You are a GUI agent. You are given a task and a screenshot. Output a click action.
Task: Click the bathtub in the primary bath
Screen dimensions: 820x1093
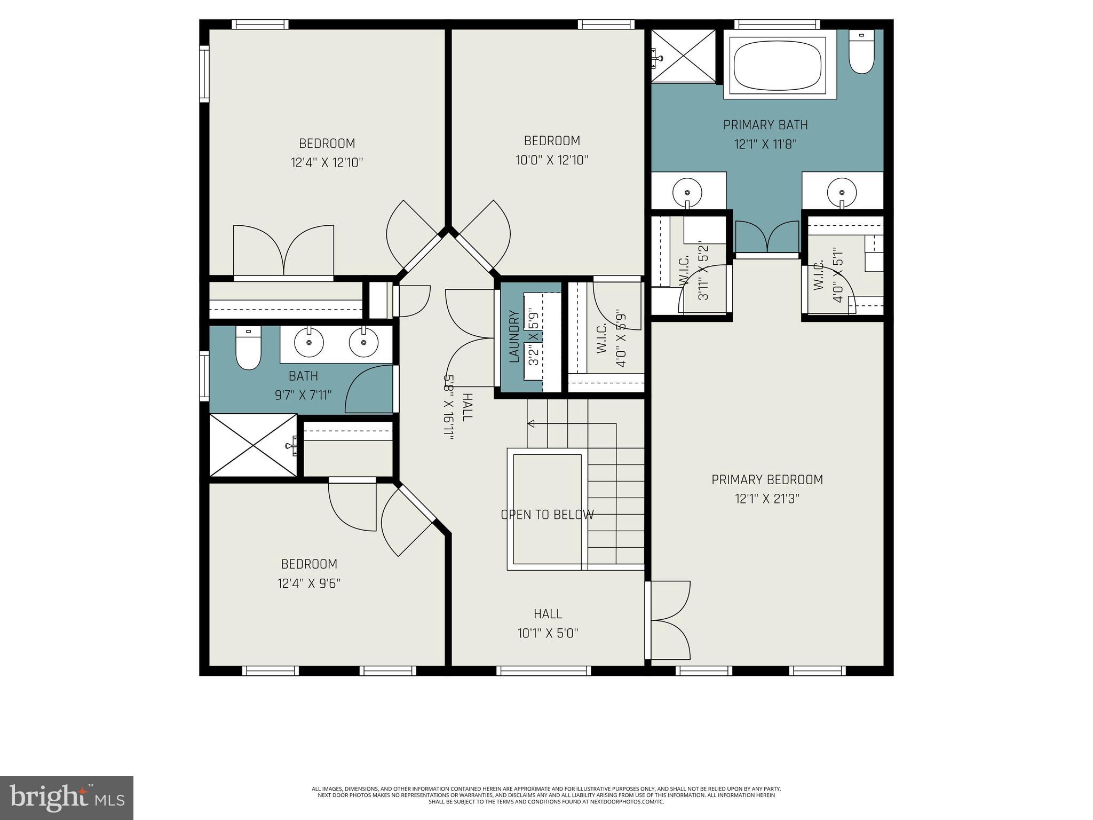click(779, 64)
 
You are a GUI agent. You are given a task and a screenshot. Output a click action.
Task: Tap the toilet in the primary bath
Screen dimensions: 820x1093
click(861, 53)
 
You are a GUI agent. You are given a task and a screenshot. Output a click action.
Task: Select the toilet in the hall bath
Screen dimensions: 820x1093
click(248, 348)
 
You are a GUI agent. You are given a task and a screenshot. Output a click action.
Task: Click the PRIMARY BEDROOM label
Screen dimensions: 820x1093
click(767, 479)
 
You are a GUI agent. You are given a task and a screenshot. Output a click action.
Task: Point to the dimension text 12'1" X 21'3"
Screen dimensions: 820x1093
click(767, 499)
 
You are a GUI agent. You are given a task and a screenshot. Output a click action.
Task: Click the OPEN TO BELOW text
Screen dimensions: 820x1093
click(547, 515)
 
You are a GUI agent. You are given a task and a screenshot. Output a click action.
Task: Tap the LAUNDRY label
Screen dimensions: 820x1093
click(514, 337)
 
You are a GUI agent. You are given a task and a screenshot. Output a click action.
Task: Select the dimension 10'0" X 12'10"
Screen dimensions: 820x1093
click(552, 160)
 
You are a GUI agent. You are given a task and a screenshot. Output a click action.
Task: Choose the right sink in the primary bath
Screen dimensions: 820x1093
click(842, 191)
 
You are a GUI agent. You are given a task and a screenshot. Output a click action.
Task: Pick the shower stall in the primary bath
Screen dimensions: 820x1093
click(684, 56)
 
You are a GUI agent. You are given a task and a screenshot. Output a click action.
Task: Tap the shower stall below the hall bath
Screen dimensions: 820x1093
click(252, 445)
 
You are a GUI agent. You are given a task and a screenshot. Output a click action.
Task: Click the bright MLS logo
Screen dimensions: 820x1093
click(66, 798)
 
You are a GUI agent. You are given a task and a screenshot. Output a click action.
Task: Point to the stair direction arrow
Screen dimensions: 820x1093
click(532, 423)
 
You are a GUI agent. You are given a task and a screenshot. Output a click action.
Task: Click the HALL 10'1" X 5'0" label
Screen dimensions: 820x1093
click(548, 624)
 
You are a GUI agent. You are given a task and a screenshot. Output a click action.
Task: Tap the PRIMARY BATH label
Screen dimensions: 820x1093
click(765, 125)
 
